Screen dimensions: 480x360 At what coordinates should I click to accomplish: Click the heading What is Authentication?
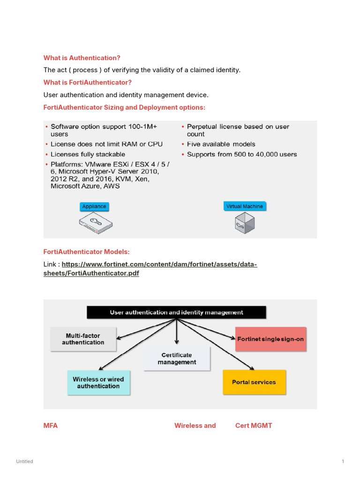[82, 58]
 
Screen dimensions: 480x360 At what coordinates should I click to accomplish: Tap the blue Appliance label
[94, 206]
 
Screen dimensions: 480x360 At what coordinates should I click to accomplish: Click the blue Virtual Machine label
[245, 206]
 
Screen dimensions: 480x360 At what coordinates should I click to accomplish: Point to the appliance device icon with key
[95, 222]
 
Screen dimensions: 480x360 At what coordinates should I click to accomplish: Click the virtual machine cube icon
[245, 223]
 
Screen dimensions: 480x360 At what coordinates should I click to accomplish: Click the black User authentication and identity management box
[176, 312]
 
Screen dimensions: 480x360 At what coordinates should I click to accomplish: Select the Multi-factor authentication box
[83, 339]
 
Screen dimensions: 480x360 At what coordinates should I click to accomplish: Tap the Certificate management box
[177, 359]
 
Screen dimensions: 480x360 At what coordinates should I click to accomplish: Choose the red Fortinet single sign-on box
[270, 339]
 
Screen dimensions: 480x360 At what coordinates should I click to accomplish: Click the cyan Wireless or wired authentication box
[98, 382]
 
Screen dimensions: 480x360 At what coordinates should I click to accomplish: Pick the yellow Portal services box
[254, 382]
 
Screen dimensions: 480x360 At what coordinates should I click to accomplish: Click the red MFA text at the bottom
[51, 426]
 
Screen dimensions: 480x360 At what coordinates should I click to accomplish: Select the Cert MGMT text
[254, 426]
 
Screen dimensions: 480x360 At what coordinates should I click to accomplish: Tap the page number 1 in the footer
[343, 462]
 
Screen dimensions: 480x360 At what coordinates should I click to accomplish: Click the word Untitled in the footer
[24, 462]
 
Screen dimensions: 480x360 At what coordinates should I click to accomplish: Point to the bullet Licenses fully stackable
[88, 154]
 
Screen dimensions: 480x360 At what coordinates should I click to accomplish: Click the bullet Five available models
[221, 144]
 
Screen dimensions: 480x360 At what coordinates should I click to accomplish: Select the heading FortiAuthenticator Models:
[86, 252]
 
